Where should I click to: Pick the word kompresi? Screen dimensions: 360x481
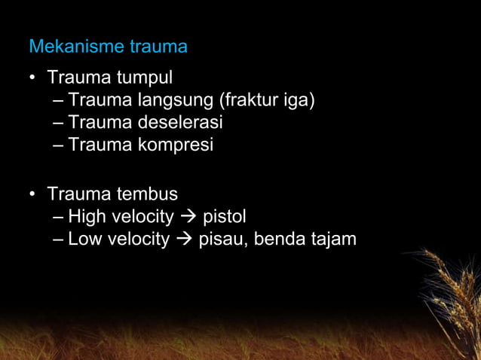pos(175,145)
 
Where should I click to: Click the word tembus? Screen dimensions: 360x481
pos(147,194)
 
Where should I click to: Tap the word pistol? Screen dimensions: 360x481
pos(225,217)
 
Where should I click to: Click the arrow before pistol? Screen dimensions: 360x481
pos(188,218)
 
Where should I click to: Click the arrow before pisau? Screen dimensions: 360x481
pos(184,240)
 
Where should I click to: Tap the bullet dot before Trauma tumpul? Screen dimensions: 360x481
pos(33,78)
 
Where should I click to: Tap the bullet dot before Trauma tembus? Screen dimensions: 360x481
pos(33,195)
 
